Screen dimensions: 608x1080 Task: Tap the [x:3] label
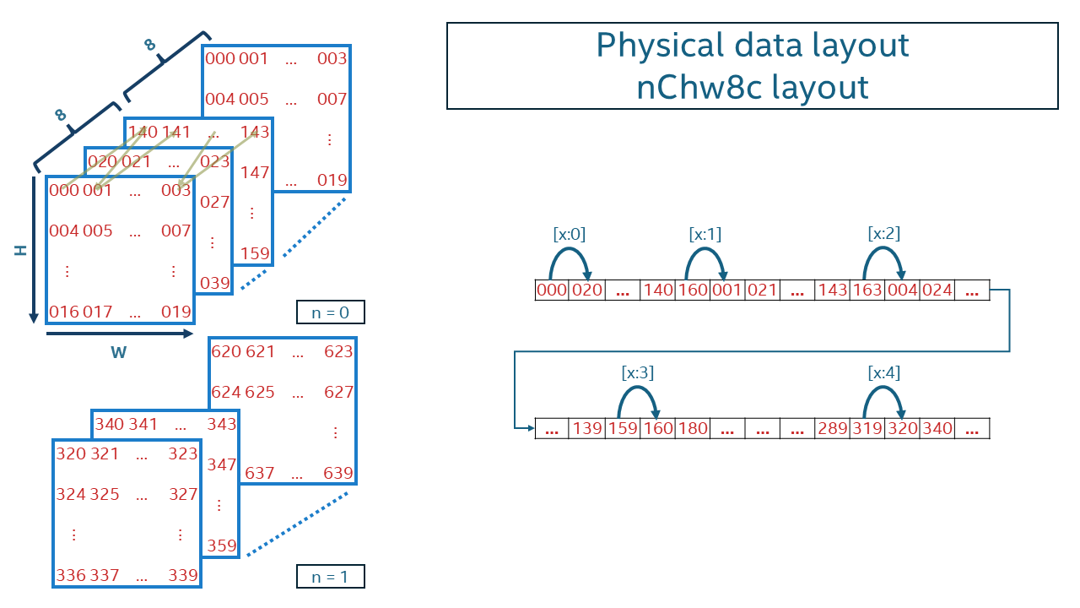click(x=637, y=372)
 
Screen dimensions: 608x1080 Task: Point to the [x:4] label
click(x=883, y=372)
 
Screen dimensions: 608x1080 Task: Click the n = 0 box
click(x=331, y=312)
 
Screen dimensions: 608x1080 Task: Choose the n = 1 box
click(x=331, y=577)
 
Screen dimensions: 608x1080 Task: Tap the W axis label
click(x=118, y=352)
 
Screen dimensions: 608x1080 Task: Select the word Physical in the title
click(x=658, y=45)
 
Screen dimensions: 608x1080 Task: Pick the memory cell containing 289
click(x=832, y=429)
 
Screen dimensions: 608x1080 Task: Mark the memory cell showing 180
click(x=693, y=429)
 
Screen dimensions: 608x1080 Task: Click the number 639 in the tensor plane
click(x=337, y=474)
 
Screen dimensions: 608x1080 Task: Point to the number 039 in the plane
click(x=215, y=283)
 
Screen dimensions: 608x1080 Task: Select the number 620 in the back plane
click(x=225, y=352)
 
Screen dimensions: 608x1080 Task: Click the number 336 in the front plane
click(x=71, y=576)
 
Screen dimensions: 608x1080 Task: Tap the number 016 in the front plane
click(x=64, y=312)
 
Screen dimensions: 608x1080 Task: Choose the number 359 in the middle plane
click(x=222, y=546)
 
